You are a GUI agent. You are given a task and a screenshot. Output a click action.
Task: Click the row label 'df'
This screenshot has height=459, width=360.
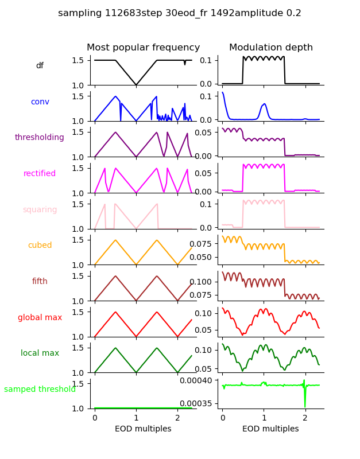[40, 66]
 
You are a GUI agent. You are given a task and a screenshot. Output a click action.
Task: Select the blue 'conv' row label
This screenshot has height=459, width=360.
[40, 102]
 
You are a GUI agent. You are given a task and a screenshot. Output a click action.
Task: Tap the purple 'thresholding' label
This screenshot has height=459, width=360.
[40, 138]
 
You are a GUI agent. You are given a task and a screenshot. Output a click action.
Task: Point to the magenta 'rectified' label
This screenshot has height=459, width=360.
[40, 174]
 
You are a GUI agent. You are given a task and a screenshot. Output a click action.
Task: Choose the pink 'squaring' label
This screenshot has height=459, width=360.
[40, 210]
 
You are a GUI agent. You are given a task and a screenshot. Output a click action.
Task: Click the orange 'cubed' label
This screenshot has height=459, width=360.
[40, 246]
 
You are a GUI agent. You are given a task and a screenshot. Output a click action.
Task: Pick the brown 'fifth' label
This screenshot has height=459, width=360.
[40, 282]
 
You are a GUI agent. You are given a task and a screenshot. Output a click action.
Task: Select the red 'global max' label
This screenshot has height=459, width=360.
[40, 318]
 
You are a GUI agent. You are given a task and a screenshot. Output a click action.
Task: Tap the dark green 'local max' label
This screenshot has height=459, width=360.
[40, 353]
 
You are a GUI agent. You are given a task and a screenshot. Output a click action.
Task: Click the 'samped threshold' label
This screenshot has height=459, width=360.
[40, 390]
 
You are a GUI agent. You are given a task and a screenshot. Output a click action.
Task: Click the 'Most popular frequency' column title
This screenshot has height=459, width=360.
[143, 48]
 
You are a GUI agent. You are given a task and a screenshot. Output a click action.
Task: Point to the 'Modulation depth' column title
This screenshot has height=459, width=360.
[271, 48]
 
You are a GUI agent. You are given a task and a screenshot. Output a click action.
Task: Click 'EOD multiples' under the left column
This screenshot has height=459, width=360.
[143, 429]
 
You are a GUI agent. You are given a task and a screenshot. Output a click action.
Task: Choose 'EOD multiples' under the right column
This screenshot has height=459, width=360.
[270, 429]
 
